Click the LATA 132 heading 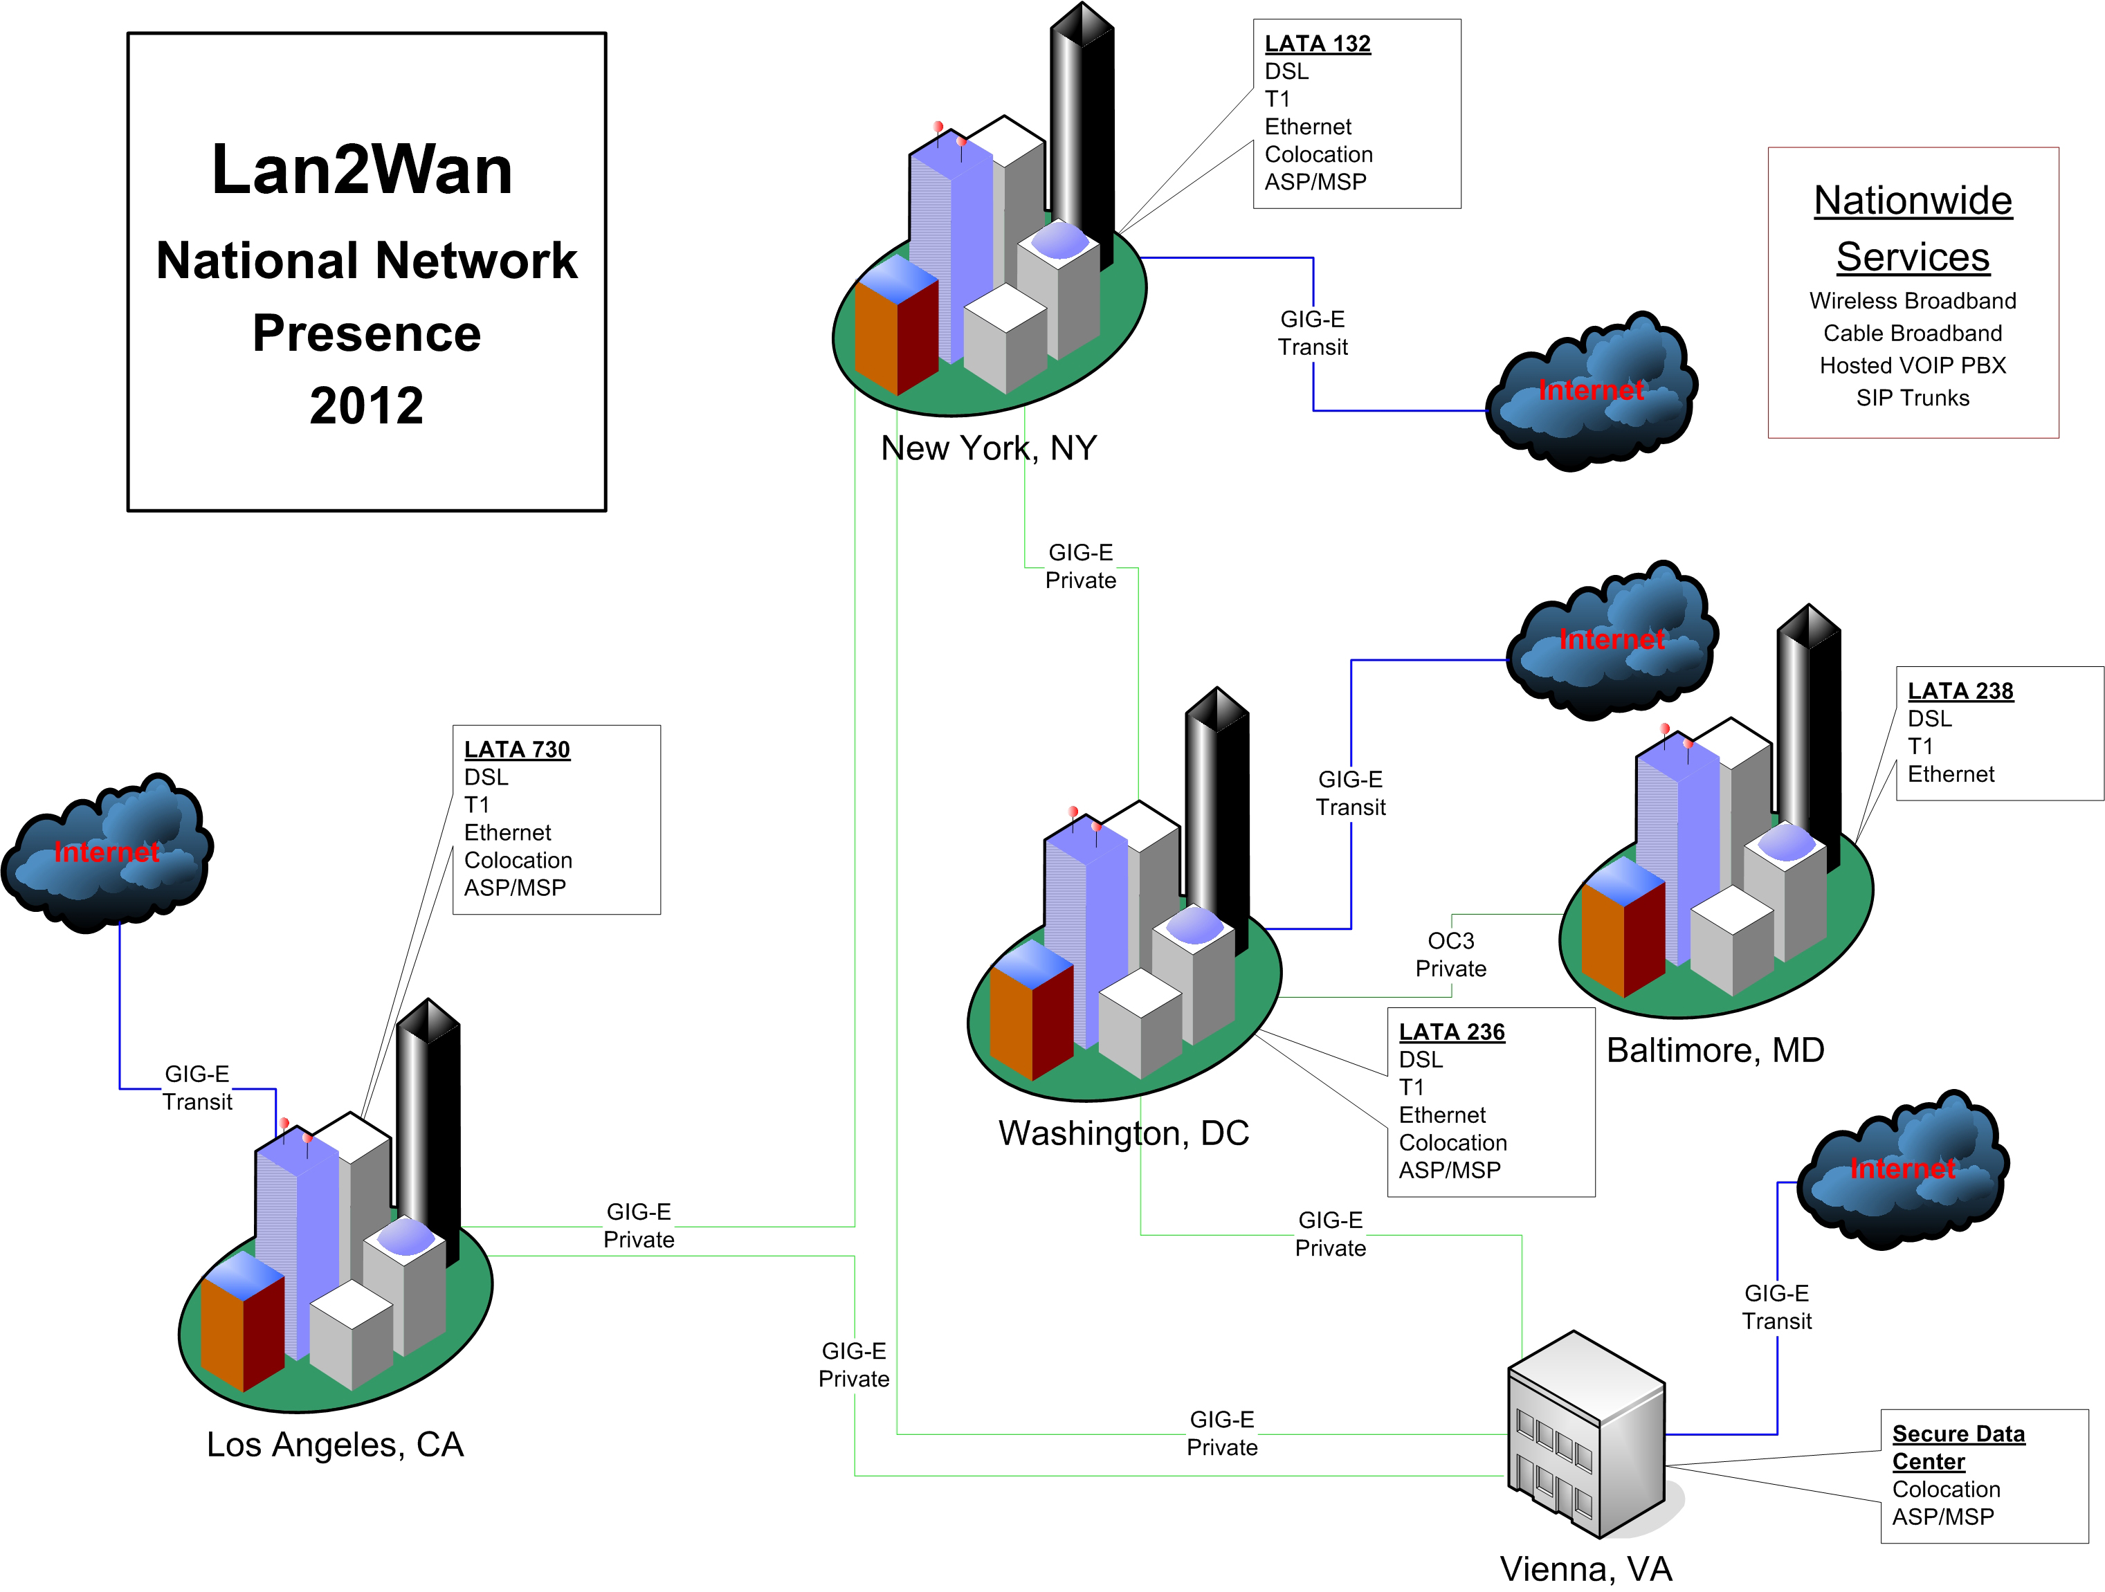pos(1317,44)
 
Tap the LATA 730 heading pos(517,750)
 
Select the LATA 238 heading pos(1960,691)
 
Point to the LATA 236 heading pos(1451,1032)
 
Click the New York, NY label pos(989,448)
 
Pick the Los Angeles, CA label pos(335,1445)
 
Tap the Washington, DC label pos(1123,1133)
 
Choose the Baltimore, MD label pos(1715,1050)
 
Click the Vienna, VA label pos(1585,1569)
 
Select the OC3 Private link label pos(1450,954)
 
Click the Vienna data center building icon pos(1587,1434)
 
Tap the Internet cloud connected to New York pos(1591,391)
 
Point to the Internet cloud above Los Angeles pos(107,852)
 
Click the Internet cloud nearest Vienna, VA pos(1902,1169)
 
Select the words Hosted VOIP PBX pos(1912,365)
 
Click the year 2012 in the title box pos(366,406)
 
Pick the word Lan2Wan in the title pos(362,170)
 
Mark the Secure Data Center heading pos(1958,1447)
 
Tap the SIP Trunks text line pos(1912,398)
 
